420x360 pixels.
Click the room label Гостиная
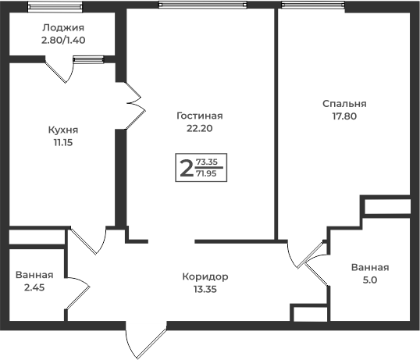click(200, 116)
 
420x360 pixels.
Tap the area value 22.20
click(200, 128)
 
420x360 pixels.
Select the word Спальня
click(344, 104)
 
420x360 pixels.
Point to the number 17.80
click(344, 116)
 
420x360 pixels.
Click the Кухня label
click(63, 130)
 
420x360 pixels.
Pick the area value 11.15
click(63, 142)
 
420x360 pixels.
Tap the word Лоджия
click(63, 27)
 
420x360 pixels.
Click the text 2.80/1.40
click(63, 40)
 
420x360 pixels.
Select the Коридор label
click(205, 276)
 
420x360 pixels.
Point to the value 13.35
click(205, 289)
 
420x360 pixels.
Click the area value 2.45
click(34, 287)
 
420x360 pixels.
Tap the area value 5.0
click(370, 280)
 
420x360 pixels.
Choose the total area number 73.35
click(207, 162)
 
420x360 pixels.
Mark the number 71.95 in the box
click(206, 173)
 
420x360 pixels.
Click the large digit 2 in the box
click(187, 168)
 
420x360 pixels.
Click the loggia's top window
click(55, 6)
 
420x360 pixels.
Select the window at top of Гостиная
click(202, 5)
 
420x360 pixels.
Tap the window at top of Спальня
click(313, 5)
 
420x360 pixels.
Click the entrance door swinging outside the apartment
click(146, 340)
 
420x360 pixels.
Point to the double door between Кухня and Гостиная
click(136, 105)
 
